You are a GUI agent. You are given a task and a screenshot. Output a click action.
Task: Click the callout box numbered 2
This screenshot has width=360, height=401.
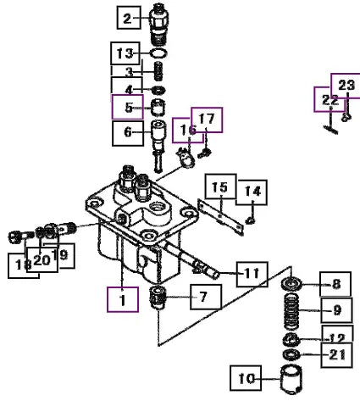coord(129,18)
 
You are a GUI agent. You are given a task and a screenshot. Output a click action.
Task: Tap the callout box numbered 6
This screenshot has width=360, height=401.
coord(128,133)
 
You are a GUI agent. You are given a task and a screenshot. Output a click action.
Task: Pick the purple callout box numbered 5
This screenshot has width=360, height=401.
coord(128,107)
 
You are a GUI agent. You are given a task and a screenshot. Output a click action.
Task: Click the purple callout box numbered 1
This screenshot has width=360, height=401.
coord(123,299)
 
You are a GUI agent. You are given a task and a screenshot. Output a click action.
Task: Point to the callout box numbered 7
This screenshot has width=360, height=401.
coord(206,297)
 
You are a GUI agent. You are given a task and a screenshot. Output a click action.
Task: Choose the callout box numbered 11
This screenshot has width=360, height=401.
coord(252,274)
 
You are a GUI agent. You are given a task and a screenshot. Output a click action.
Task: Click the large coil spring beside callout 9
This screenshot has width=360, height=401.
coord(291,312)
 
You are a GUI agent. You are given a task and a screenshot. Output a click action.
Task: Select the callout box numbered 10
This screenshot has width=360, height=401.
coord(246,378)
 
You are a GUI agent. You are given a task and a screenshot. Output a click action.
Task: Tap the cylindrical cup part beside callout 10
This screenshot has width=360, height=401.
coord(291,380)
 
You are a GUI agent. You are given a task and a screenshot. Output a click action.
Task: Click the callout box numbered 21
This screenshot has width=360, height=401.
coord(336,355)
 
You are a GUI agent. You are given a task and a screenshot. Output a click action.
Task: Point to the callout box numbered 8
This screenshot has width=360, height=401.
coord(335,284)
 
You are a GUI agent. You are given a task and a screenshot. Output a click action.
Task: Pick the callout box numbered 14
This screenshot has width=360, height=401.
coord(252,192)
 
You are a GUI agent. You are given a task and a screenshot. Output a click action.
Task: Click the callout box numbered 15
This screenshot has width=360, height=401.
coord(220,187)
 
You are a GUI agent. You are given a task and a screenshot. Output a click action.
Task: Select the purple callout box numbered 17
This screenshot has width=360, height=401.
coord(207,120)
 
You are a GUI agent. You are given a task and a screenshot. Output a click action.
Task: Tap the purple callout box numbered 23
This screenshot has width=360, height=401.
coord(346,86)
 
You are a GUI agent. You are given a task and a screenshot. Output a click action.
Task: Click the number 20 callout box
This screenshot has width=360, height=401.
coord(42,259)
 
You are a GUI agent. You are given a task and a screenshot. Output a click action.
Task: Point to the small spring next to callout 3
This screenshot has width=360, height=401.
coord(159,71)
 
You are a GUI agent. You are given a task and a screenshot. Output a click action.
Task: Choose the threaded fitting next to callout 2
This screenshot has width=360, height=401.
coord(159,25)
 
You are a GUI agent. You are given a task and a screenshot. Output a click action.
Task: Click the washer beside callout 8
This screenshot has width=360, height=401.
coord(291,283)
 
